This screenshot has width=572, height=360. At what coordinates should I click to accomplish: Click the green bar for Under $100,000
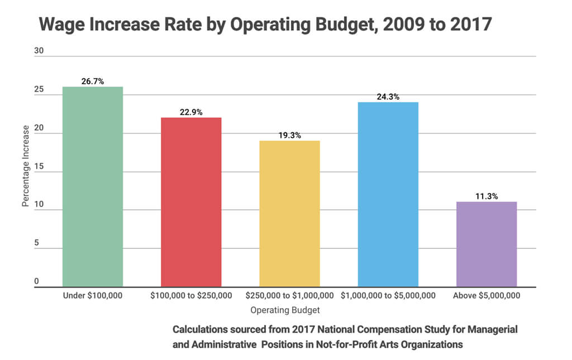point(93,187)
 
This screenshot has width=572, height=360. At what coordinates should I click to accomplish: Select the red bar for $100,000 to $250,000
point(191,202)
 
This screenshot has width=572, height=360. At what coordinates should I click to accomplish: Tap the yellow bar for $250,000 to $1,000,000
point(289,214)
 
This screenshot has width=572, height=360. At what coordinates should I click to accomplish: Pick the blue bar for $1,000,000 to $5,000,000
point(388,194)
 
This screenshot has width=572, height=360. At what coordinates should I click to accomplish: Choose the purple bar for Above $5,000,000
point(486,244)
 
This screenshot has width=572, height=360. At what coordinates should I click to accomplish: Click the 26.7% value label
point(93,81)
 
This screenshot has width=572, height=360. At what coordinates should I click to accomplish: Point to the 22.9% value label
point(191,112)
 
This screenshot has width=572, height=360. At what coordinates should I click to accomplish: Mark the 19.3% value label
point(289,136)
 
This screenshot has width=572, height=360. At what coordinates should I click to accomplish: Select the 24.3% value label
point(388,97)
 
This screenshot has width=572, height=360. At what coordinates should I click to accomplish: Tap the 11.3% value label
point(486,196)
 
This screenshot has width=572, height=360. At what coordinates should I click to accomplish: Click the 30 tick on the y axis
point(39,51)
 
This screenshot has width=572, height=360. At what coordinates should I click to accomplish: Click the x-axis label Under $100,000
point(93,295)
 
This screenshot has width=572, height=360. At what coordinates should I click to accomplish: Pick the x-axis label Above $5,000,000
point(486,295)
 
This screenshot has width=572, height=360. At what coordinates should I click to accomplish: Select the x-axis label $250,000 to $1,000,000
point(289,295)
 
